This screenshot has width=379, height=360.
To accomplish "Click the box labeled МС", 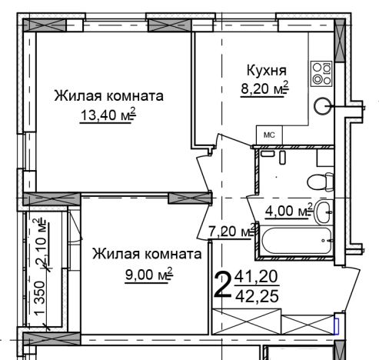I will pos(269,135).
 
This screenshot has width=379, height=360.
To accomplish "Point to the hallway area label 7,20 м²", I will pos(231,231).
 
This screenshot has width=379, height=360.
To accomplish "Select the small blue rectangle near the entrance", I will pos(336,325).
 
